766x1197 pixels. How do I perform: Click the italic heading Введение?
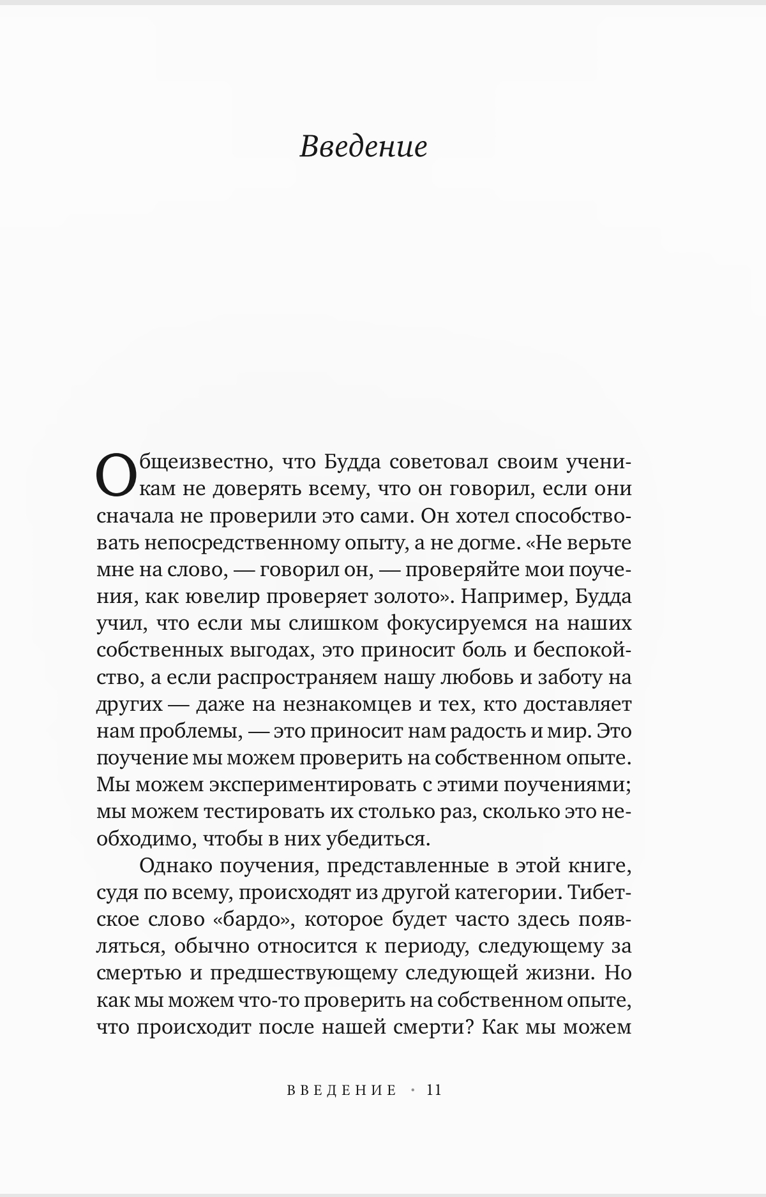(363, 147)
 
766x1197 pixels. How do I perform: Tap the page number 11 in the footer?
(434, 1090)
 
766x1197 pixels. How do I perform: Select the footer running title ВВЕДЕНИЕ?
(342, 1090)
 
